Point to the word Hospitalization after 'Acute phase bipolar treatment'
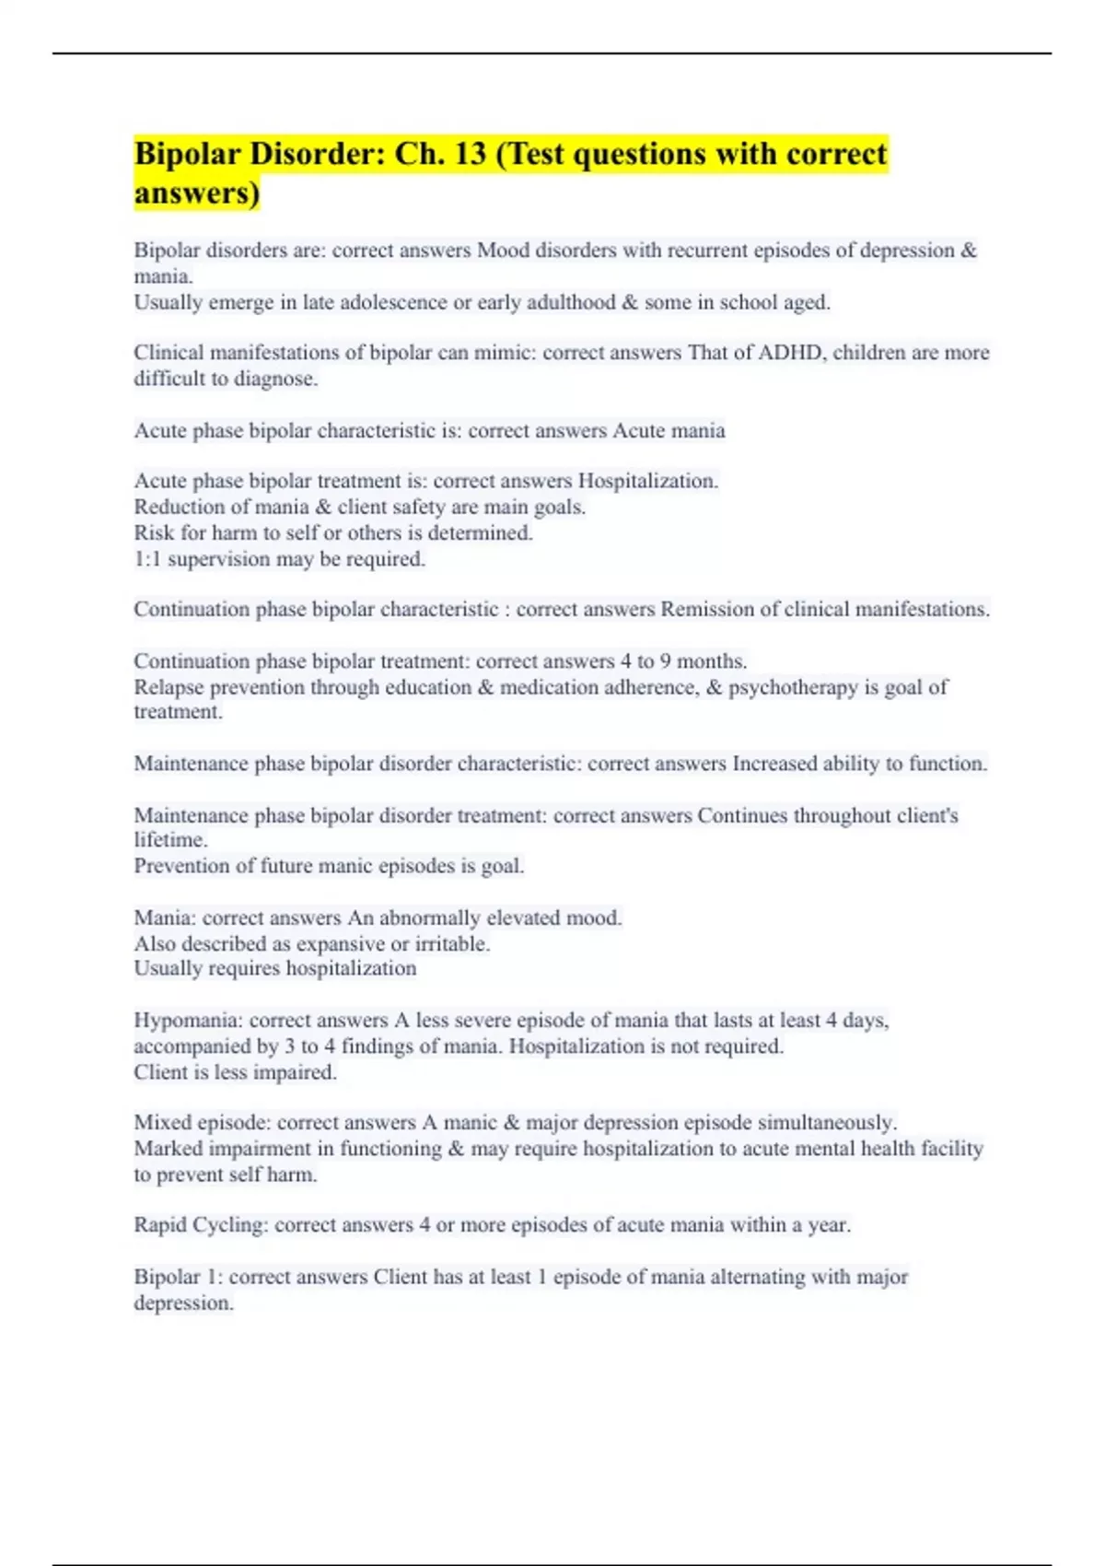click(647, 481)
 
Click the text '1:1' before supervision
click(147, 559)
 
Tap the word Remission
click(705, 609)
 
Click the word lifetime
click(170, 840)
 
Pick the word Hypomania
click(187, 1021)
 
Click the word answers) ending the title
click(197, 194)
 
